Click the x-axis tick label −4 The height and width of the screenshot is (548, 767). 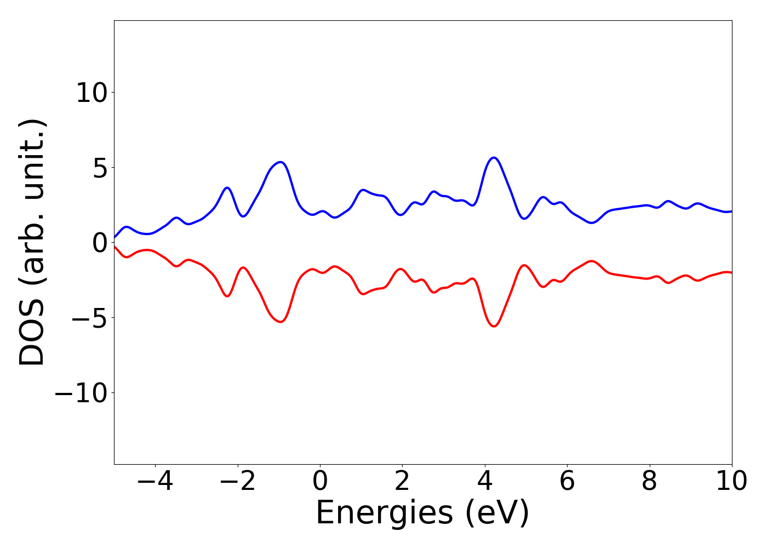coord(155,481)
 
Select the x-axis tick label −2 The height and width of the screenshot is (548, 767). coord(238,481)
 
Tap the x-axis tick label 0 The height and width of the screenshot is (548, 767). coord(320,481)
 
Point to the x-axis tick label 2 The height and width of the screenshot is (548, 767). coord(402,481)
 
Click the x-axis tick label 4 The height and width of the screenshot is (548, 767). coord(485,481)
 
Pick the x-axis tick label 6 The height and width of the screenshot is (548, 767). coord(567,481)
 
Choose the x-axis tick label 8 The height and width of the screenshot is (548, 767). coord(649,481)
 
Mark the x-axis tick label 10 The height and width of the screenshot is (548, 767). coord(731,481)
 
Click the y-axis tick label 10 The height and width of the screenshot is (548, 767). coord(91,93)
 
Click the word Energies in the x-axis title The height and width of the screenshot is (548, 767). coord(384,513)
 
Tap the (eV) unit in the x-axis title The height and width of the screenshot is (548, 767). coord(497,513)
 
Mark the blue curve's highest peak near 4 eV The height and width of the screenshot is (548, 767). coord(494,158)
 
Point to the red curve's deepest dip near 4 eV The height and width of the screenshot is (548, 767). coord(494,326)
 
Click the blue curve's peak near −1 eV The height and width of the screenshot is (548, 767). coord(281,162)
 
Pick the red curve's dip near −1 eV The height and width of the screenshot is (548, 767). coord(281,322)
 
